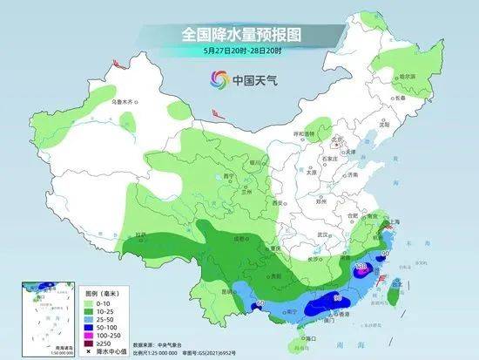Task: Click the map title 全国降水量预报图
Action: pos(239,35)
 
